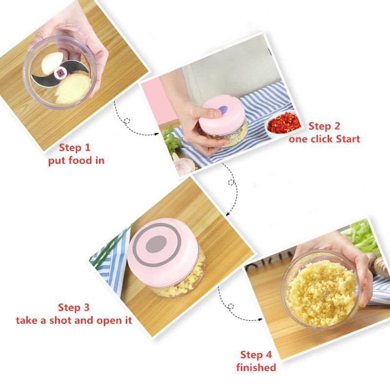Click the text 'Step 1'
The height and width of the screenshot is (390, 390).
coord(75,148)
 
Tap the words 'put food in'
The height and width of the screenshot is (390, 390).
coord(76,160)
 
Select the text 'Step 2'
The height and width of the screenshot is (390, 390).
coord(324,126)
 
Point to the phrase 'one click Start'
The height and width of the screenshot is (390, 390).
coord(324,139)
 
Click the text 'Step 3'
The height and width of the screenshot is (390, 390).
coord(74,308)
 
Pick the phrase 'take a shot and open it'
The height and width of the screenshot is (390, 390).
coord(74,320)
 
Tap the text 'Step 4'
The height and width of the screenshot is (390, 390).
coord(256,355)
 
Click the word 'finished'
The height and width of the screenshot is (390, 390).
coord(256,368)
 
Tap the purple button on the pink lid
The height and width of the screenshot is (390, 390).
coord(223,109)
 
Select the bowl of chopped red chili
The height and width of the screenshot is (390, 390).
coord(283,124)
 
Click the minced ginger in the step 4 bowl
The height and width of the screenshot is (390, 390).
coord(323,293)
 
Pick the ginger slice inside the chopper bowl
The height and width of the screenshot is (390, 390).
coord(73,89)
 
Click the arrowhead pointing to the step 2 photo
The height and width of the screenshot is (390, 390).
coord(156,134)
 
